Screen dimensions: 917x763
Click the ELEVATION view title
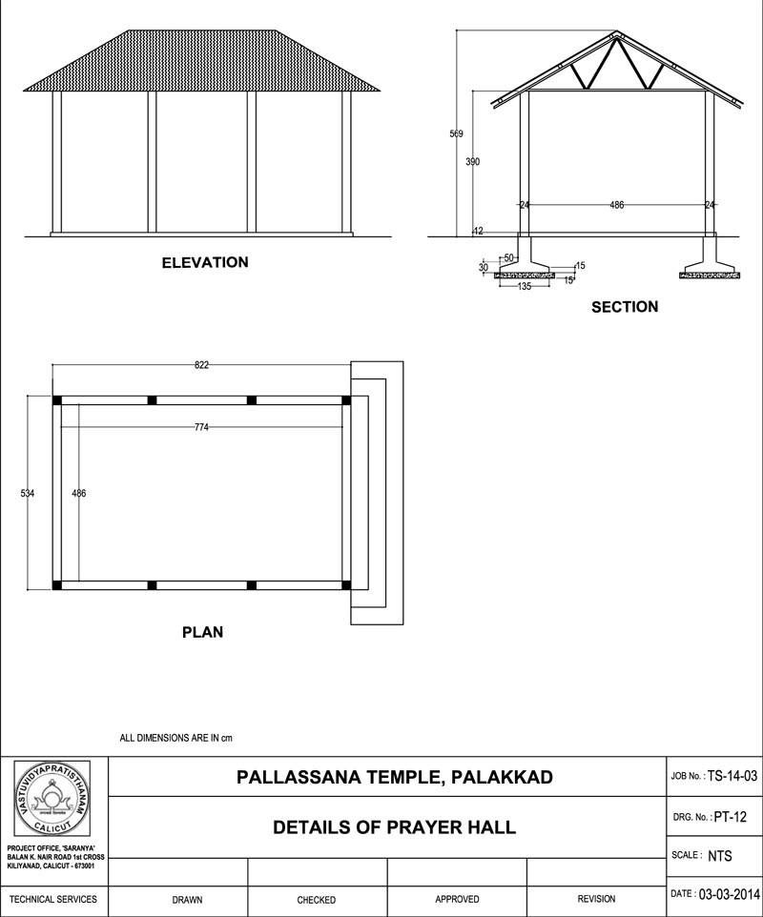point(204,262)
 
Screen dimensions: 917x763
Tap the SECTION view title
point(625,307)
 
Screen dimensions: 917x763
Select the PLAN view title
point(202,631)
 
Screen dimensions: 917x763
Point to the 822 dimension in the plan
point(201,364)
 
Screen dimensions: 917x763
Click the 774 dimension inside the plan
point(201,427)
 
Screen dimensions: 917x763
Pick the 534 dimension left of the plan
point(28,493)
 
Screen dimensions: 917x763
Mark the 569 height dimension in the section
point(456,133)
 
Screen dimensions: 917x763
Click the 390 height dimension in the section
point(473,162)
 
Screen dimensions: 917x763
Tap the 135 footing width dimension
point(524,286)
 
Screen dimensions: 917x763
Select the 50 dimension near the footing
point(508,258)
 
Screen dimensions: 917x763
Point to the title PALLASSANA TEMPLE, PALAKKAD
point(394,778)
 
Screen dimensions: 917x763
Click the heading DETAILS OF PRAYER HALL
point(394,827)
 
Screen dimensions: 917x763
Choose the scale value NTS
point(720,856)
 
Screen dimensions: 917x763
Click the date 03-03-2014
point(729,895)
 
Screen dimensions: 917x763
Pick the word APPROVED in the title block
point(457,899)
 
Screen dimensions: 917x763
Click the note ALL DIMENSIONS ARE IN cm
point(176,738)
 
